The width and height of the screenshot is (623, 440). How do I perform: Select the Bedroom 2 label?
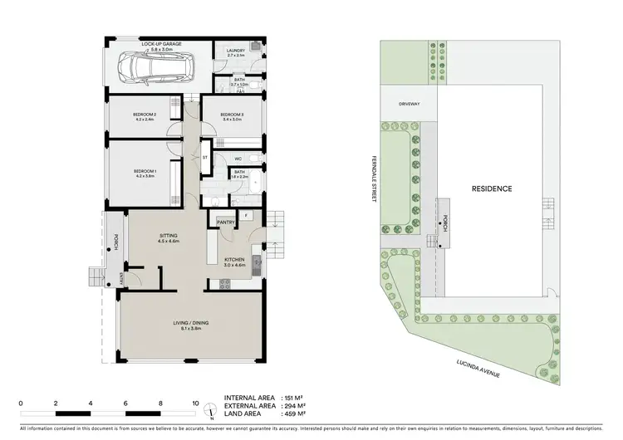point(145,115)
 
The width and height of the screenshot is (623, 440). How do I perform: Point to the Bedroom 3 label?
point(232,115)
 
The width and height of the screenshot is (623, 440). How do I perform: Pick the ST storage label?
point(205,156)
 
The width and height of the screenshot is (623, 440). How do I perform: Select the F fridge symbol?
point(247,216)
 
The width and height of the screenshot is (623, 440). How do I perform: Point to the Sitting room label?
point(169,237)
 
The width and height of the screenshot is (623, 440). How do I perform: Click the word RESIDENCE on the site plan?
point(492,188)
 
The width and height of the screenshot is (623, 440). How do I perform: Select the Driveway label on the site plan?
point(409,104)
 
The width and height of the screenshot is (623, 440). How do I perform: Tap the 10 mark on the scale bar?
point(195,403)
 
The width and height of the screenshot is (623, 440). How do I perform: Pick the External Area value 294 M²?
point(295,406)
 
